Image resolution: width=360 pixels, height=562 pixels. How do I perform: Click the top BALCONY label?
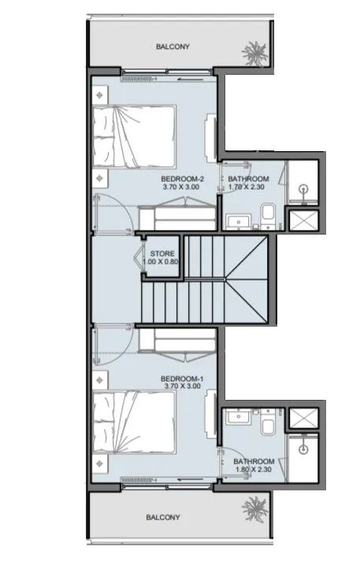173,46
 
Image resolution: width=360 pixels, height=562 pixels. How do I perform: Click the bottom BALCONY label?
163,517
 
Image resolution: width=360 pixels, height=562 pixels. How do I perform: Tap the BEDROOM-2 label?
182,179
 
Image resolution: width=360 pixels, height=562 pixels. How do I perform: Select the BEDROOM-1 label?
182,379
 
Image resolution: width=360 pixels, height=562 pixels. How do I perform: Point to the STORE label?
162,253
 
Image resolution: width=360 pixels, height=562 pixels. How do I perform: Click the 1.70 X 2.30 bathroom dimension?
247,187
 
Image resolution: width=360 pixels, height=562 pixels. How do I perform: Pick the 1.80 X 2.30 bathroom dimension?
254,470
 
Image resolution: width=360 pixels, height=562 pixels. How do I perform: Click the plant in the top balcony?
255,54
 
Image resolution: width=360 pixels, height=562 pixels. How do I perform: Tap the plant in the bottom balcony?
255,508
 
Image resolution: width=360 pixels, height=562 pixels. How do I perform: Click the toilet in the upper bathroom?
268,215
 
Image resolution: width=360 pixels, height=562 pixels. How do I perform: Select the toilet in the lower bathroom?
268,422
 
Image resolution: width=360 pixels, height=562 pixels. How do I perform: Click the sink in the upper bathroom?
239,220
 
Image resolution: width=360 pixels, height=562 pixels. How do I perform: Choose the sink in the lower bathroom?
238,417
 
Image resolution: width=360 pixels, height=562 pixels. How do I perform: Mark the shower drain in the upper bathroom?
304,187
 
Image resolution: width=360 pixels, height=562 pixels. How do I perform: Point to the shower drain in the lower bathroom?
304,448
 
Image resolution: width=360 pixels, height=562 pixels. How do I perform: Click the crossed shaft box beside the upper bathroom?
304,220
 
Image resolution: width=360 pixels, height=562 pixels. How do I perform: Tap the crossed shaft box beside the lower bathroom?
304,418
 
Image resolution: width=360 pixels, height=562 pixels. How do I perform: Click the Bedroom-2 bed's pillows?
103,136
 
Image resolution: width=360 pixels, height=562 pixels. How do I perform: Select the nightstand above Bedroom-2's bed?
100,95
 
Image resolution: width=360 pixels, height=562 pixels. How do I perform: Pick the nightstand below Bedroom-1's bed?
100,464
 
